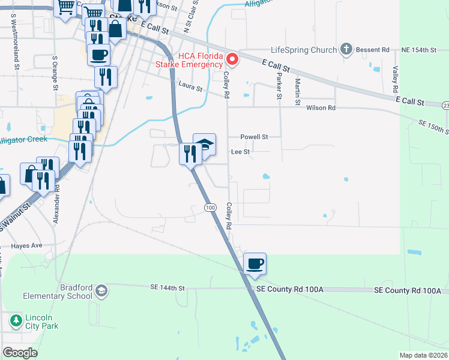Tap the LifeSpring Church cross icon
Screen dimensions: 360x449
pyautogui.click(x=346, y=49)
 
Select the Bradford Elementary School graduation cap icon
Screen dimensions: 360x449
pyautogui.click(x=101, y=291)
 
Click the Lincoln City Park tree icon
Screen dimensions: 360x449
pyautogui.click(x=15, y=321)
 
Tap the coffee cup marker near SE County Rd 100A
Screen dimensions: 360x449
pyautogui.click(x=255, y=263)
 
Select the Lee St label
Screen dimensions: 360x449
pyautogui.click(x=240, y=152)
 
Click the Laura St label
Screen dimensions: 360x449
pyautogui.click(x=190, y=87)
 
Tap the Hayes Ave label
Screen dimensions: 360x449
pyautogui.click(x=26, y=246)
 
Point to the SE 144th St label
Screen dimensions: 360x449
pyautogui.click(x=167, y=288)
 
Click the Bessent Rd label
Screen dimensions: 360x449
pyautogui.click(x=373, y=49)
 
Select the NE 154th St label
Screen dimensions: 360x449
pyautogui.click(x=418, y=49)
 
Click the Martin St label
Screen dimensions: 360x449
pyautogui.click(x=297, y=91)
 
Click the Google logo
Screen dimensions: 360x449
pyautogui.click(x=20, y=353)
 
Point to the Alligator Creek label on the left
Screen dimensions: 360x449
pyautogui.click(x=23, y=140)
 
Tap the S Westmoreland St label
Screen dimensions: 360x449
pyautogui.click(x=12, y=36)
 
